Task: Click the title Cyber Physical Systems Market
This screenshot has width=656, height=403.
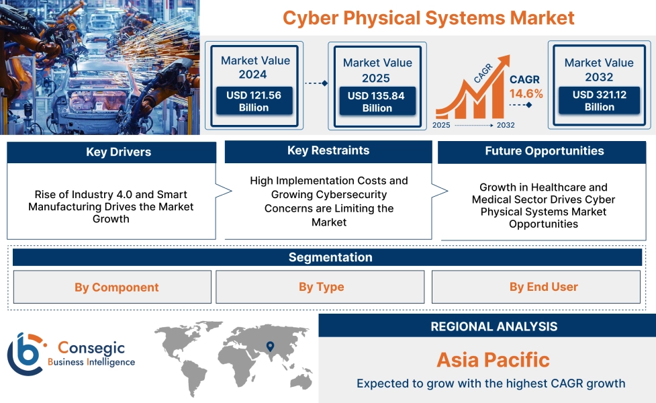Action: [428, 17]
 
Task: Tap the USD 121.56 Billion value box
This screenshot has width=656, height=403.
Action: [253, 101]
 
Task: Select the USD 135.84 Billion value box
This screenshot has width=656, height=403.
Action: [377, 102]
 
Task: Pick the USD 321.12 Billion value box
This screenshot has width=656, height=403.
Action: [599, 101]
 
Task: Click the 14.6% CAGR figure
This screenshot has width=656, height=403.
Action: [526, 93]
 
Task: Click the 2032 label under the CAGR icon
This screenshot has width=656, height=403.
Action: [506, 126]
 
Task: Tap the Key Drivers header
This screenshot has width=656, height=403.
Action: [111, 152]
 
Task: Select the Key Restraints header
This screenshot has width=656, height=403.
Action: [328, 151]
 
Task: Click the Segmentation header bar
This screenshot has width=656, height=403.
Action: [330, 257]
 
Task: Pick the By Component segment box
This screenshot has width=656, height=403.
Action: [113, 287]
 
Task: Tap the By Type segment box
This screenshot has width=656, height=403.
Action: [321, 287]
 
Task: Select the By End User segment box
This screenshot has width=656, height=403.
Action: [543, 287]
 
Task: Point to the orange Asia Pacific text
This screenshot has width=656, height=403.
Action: [493, 359]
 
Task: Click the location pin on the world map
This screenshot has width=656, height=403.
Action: [270, 347]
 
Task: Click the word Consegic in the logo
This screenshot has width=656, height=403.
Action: [89, 347]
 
